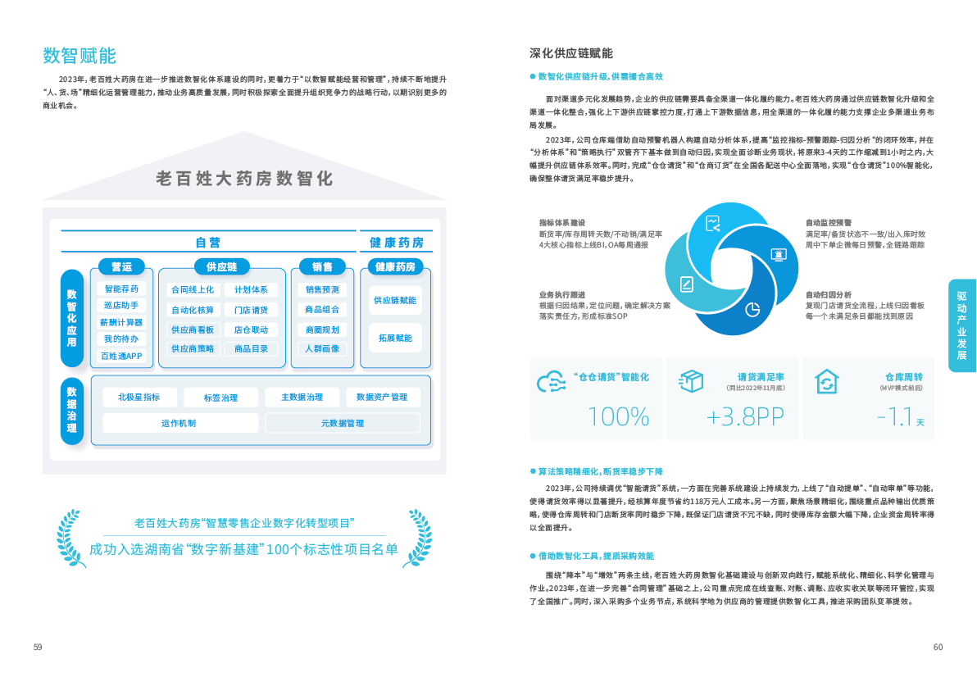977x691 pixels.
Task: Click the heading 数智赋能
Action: coord(80,56)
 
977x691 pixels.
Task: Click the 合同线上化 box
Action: coord(193,289)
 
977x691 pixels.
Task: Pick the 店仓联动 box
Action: coord(251,330)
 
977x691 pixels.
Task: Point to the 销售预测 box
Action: coord(322,289)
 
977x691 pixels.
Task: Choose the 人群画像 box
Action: coord(322,348)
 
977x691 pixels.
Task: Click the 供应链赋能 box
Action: coord(395,300)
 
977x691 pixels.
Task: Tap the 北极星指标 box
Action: coord(139,398)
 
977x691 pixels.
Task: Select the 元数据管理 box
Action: coord(343,423)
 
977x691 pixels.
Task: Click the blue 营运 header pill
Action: coord(122,266)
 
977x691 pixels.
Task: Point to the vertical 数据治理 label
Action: coord(72,411)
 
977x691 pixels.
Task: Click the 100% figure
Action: coord(619,416)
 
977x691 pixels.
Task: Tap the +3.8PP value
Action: coord(745,416)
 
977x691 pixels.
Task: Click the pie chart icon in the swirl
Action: coord(752,309)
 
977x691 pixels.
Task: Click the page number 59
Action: coord(38,648)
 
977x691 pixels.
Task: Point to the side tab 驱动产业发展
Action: coord(961,325)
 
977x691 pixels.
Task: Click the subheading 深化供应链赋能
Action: coord(570,53)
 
